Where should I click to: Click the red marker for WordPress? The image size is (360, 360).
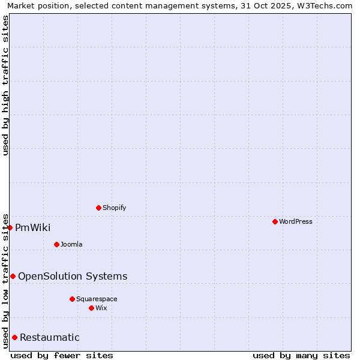click(275, 221)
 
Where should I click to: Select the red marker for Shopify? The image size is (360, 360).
click(98, 208)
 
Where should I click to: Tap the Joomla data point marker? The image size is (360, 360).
click(56, 244)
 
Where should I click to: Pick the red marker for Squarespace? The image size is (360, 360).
click(72, 299)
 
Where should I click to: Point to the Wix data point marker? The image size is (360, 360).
click(91, 308)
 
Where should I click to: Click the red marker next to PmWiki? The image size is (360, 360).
click(10, 227)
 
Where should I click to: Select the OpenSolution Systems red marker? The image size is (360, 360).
click(13, 276)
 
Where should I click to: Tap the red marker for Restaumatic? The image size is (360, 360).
click(14, 337)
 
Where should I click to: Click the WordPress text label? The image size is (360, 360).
click(296, 221)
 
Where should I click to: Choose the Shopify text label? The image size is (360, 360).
click(114, 208)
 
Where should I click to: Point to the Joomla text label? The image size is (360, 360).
click(71, 244)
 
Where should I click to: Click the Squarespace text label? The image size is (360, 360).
click(97, 299)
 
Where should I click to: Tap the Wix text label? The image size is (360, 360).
click(101, 308)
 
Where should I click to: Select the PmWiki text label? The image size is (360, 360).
click(33, 227)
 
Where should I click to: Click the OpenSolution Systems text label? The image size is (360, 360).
click(73, 276)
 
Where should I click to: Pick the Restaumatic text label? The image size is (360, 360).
click(50, 337)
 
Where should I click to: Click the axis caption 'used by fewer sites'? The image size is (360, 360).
click(62, 355)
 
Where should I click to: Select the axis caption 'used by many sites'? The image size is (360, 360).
click(301, 355)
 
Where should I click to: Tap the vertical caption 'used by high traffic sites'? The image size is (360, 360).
click(5, 85)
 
